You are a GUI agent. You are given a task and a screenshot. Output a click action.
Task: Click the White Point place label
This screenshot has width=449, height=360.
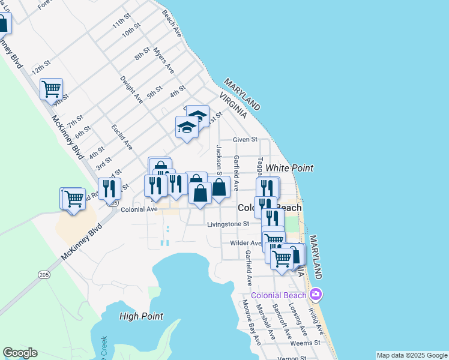(290, 168)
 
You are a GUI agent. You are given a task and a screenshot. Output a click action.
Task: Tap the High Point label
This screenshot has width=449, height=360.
(141, 316)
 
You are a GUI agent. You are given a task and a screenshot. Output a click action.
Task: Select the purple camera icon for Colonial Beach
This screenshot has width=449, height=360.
(316, 295)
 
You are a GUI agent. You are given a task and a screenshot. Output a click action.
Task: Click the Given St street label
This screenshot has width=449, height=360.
(245, 139)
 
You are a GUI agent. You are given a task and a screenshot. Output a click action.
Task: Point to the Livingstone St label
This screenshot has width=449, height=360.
(228, 224)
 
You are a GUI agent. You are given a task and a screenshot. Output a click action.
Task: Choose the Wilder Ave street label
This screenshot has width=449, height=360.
(245, 243)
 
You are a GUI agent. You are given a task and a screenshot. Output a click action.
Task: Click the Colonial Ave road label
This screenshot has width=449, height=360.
(139, 209)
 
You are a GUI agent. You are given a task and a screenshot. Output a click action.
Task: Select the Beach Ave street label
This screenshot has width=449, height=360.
(172, 23)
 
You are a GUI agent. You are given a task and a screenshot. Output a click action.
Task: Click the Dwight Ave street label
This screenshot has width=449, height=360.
(131, 89)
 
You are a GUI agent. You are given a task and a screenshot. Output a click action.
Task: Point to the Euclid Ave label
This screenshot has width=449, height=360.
(122, 137)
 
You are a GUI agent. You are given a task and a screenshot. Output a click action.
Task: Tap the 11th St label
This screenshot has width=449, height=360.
(121, 23)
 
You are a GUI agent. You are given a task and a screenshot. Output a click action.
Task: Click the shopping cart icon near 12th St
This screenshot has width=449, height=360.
(52, 89)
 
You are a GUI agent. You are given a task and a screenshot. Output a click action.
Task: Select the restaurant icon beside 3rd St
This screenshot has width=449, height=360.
(109, 188)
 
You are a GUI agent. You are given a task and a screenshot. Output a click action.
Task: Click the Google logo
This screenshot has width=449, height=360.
(20, 353)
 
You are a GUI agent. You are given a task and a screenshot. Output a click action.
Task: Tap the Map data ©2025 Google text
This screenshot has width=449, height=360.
(412, 355)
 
